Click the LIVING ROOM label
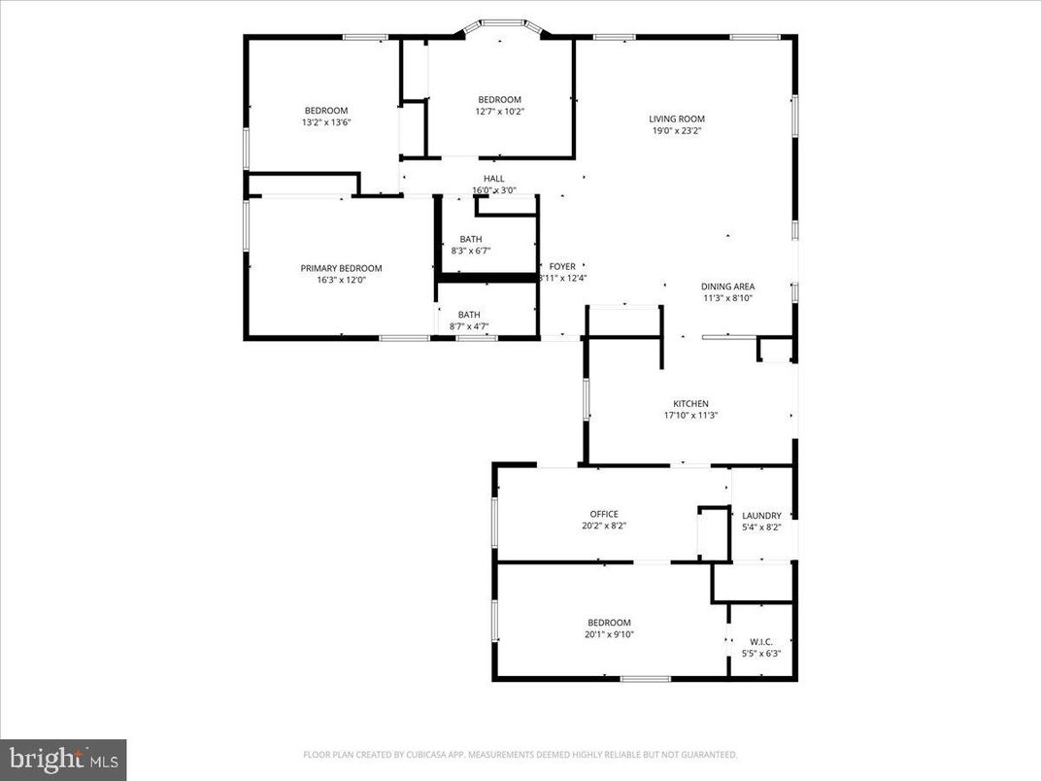pyautogui.click(x=677, y=119)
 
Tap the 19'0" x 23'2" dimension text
pyautogui.click(x=677, y=131)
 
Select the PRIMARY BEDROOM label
pyautogui.click(x=341, y=268)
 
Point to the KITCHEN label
pyautogui.click(x=690, y=404)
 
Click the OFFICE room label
pyautogui.click(x=603, y=515)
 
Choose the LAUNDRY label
pyautogui.click(x=761, y=516)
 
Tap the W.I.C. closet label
pyautogui.click(x=760, y=641)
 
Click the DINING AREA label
pyautogui.click(x=727, y=287)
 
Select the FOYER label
pyautogui.click(x=562, y=266)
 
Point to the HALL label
pyautogui.click(x=494, y=179)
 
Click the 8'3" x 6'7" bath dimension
pyautogui.click(x=470, y=251)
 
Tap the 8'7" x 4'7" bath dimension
pyautogui.click(x=469, y=326)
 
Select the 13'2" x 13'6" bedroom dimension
pyautogui.click(x=325, y=122)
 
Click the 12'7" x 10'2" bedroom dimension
pyautogui.click(x=499, y=112)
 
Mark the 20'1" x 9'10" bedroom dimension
pyautogui.click(x=609, y=634)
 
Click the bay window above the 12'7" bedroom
pyautogui.click(x=501, y=23)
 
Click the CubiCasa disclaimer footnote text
pyautogui.click(x=520, y=755)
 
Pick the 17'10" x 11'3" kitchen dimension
pyautogui.click(x=690, y=416)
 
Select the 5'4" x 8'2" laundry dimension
pyautogui.click(x=761, y=527)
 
